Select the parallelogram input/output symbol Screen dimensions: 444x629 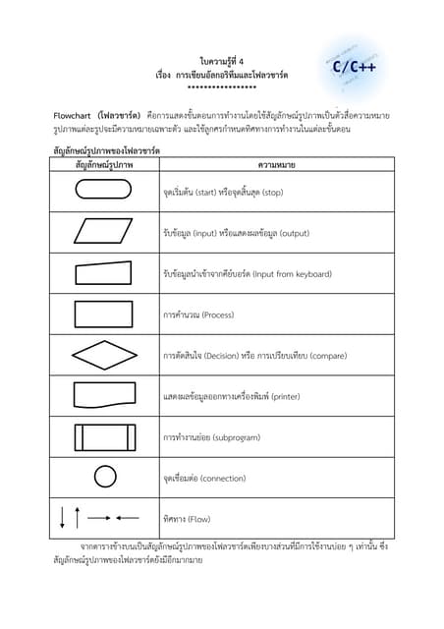tap(102, 231)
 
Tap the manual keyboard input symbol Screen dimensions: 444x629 tap(102, 272)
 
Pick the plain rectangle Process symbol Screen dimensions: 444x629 tap(102, 314)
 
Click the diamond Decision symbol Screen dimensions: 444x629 tap(102, 355)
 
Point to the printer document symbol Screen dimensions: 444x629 tap(102, 395)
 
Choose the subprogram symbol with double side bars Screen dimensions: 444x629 tap(102, 436)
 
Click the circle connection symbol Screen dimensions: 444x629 tap(104, 478)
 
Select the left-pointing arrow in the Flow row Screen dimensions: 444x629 tap(127, 517)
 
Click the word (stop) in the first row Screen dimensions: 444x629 tap(267, 192)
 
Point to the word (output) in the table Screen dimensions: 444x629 tap(294, 233)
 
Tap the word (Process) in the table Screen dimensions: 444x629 tap(218, 314)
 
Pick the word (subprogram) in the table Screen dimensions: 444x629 tap(236, 437)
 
